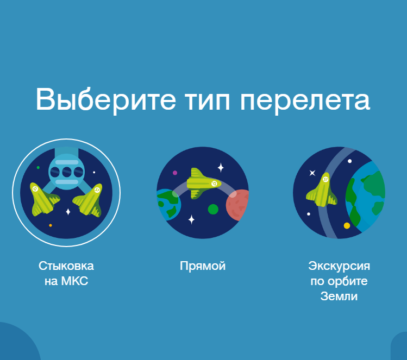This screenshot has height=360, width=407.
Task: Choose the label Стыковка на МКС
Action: click(66, 274)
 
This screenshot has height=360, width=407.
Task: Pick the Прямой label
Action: click(203, 266)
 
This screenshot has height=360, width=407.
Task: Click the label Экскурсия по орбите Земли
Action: click(339, 281)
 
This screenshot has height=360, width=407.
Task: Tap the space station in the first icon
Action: click(67, 171)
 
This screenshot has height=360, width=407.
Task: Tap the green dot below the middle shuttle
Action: click(213, 209)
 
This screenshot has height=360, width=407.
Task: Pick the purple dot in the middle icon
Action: click(175, 173)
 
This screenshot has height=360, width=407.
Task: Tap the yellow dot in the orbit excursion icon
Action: click(347, 225)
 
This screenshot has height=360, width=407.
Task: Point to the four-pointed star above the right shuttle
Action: click(312, 173)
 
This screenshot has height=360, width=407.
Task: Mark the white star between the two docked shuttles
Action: click(68, 212)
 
